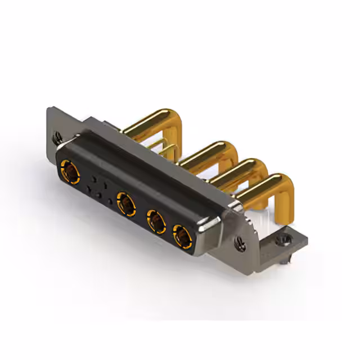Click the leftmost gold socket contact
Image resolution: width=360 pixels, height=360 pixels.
pyautogui.click(x=70, y=170)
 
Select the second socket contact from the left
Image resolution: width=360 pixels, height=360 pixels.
pyautogui.click(x=126, y=202)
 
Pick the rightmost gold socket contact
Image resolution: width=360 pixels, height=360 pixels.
pyautogui.click(x=182, y=237)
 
